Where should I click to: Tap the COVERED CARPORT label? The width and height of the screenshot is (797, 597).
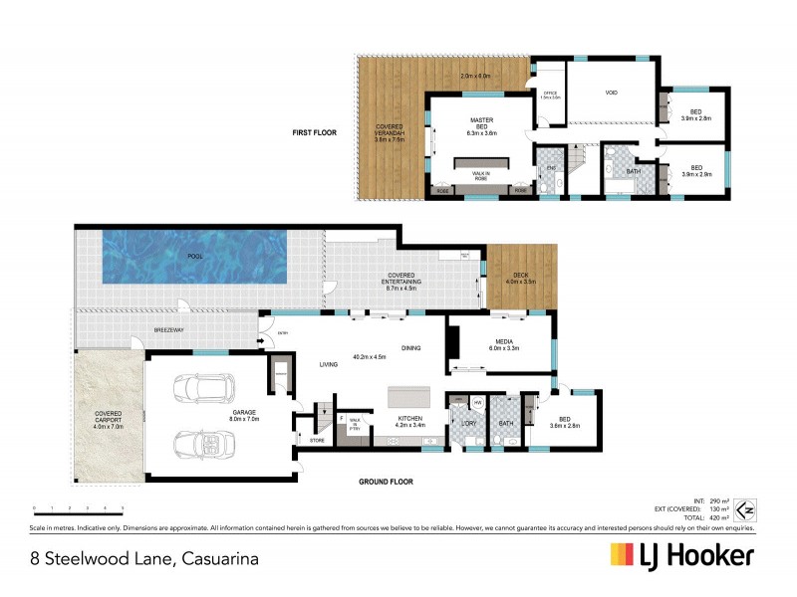tap(108, 417)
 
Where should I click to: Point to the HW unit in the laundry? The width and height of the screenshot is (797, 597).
tap(478, 402)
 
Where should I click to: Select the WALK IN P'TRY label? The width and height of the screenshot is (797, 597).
tap(353, 422)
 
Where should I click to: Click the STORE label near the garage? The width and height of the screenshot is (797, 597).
tap(317, 439)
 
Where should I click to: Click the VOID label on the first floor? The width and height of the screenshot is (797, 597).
tap(611, 93)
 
